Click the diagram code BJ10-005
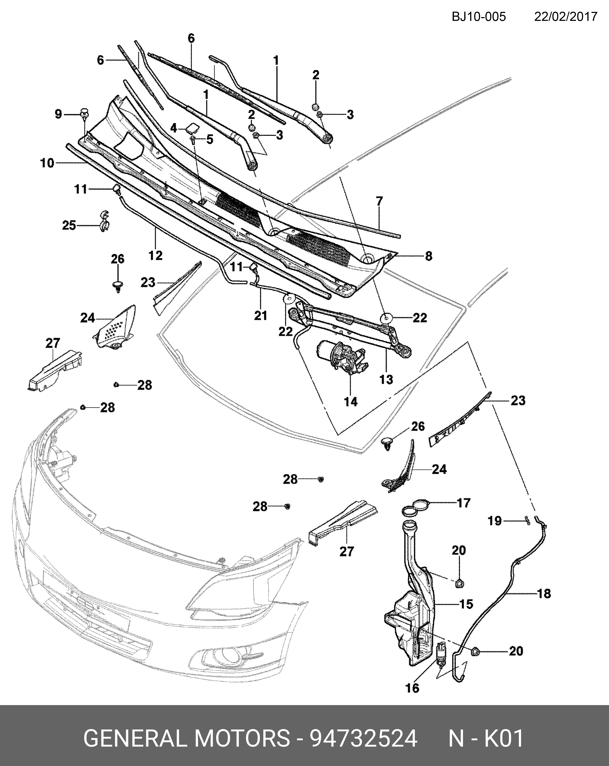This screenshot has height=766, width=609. point(479,17)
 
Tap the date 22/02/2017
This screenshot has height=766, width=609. point(566,17)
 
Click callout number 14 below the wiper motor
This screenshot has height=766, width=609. point(350,402)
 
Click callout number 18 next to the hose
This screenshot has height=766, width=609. point(544,593)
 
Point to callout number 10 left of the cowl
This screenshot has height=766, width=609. point(47,163)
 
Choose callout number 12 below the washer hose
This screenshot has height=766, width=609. point(155,255)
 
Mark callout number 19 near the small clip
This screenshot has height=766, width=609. point(494,521)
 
